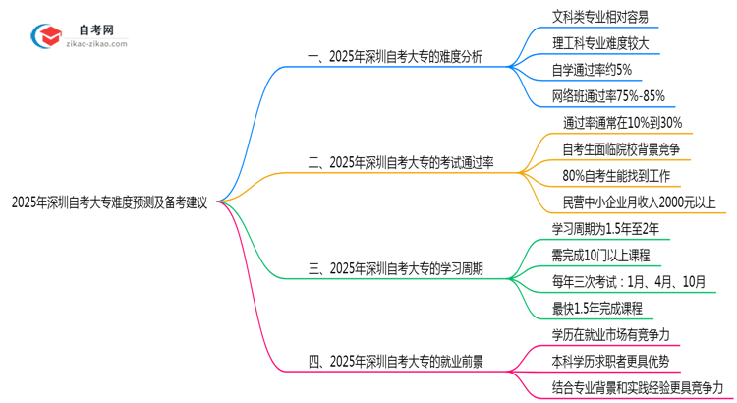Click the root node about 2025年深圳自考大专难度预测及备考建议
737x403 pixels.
tap(109, 203)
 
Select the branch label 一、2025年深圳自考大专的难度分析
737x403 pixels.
tap(395, 56)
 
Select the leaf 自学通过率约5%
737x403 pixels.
tap(593, 70)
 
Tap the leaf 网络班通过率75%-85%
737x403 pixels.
tap(609, 96)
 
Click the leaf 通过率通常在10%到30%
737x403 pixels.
tap(623, 123)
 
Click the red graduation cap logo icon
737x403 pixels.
tap(46, 36)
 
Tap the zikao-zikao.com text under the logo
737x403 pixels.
tap(102, 44)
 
